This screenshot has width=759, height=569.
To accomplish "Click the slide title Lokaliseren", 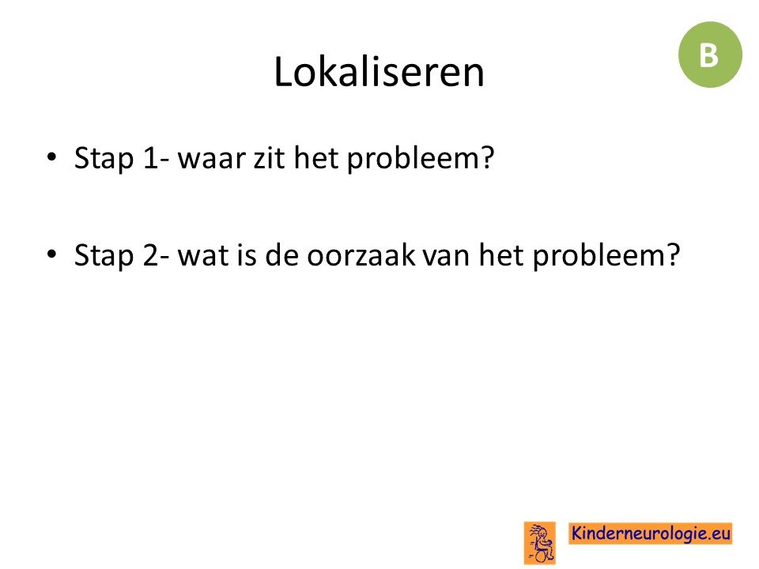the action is [379, 72].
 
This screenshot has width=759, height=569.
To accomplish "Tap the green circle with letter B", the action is [710, 55].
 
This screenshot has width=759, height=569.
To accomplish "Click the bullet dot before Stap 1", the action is [52, 156].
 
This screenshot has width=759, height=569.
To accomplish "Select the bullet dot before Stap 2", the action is [52, 254].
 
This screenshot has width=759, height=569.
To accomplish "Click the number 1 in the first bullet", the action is [151, 158].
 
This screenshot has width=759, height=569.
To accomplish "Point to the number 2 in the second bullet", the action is [150, 255].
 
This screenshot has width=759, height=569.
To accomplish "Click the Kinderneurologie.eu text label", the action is [650, 533].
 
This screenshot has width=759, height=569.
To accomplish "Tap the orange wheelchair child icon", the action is [540, 543].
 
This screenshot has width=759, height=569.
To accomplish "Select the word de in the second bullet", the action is [283, 255].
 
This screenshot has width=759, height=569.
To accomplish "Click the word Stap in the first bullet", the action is [104, 160].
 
